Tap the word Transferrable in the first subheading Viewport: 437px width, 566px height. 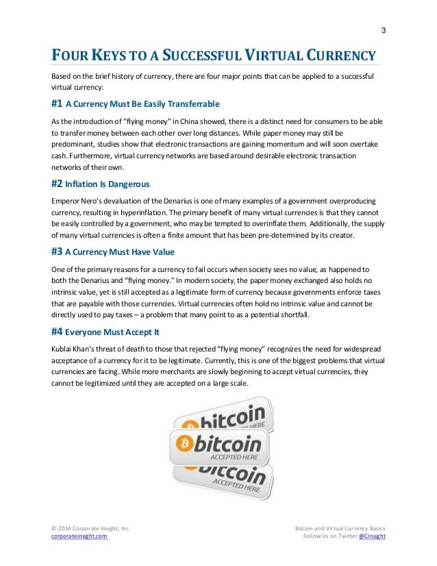(x=186, y=104)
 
